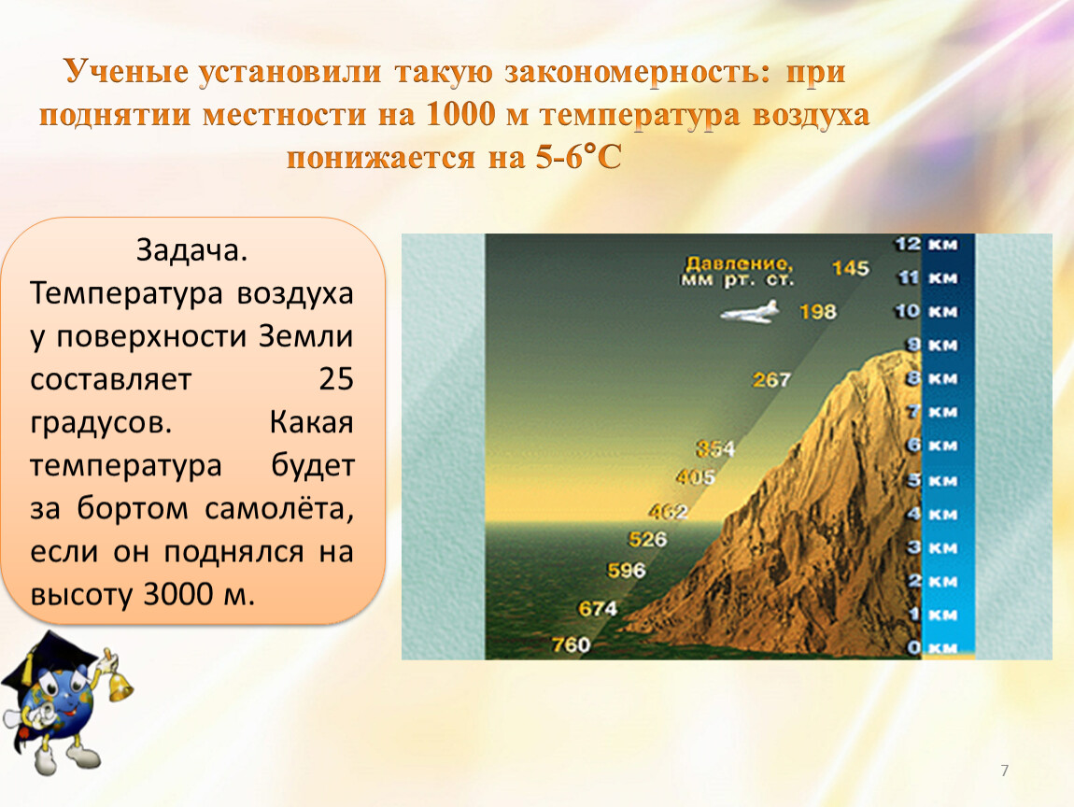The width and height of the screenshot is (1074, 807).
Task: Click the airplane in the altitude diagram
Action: coord(750,312)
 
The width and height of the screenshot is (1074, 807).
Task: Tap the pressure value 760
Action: coord(572,644)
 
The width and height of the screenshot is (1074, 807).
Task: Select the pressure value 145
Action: coord(850,268)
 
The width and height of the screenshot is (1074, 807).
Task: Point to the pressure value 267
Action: coord(771,379)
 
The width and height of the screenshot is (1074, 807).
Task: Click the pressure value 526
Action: coord(647,539)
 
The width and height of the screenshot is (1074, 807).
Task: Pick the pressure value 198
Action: coord(818,312)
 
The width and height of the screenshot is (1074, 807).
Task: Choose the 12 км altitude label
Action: coord(926,244)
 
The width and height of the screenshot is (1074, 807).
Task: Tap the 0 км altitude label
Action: coord(932,647)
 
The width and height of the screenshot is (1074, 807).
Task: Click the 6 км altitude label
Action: coord(932,446)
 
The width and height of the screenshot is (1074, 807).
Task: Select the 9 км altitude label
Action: coord(932,345)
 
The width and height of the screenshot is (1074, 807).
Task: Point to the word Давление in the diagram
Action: coord(739,264)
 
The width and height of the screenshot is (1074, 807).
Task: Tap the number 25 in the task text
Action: coord(335,379)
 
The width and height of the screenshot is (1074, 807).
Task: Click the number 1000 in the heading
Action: coord(460,114)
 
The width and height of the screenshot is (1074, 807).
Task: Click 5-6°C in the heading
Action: coord(579,157)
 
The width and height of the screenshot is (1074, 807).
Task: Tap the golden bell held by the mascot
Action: coord(120,685)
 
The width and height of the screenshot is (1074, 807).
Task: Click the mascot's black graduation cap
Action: coord(48,661)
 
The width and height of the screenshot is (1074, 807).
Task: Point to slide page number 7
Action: coord(1005,771)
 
